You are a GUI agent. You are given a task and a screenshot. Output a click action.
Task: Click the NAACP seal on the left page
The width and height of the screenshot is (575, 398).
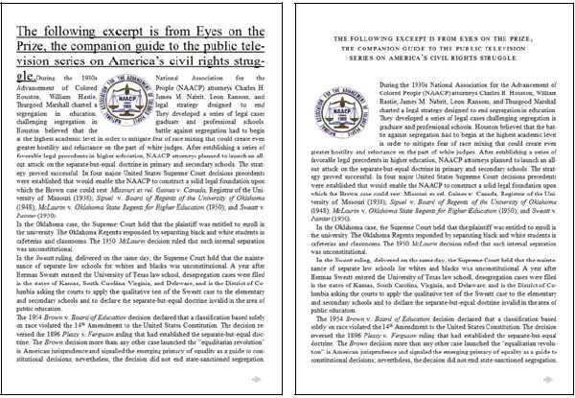pyautogui.click(x=124, y=101)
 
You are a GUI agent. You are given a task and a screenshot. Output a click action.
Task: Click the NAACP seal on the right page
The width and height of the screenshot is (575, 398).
pyautogui.click(x=340, y=102)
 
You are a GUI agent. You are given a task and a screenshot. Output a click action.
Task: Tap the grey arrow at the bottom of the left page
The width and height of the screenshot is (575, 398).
pyautogui.click(x=256, y=380)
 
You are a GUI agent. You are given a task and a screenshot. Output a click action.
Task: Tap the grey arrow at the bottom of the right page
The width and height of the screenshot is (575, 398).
pyautogui.click(x=548, y=380)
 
